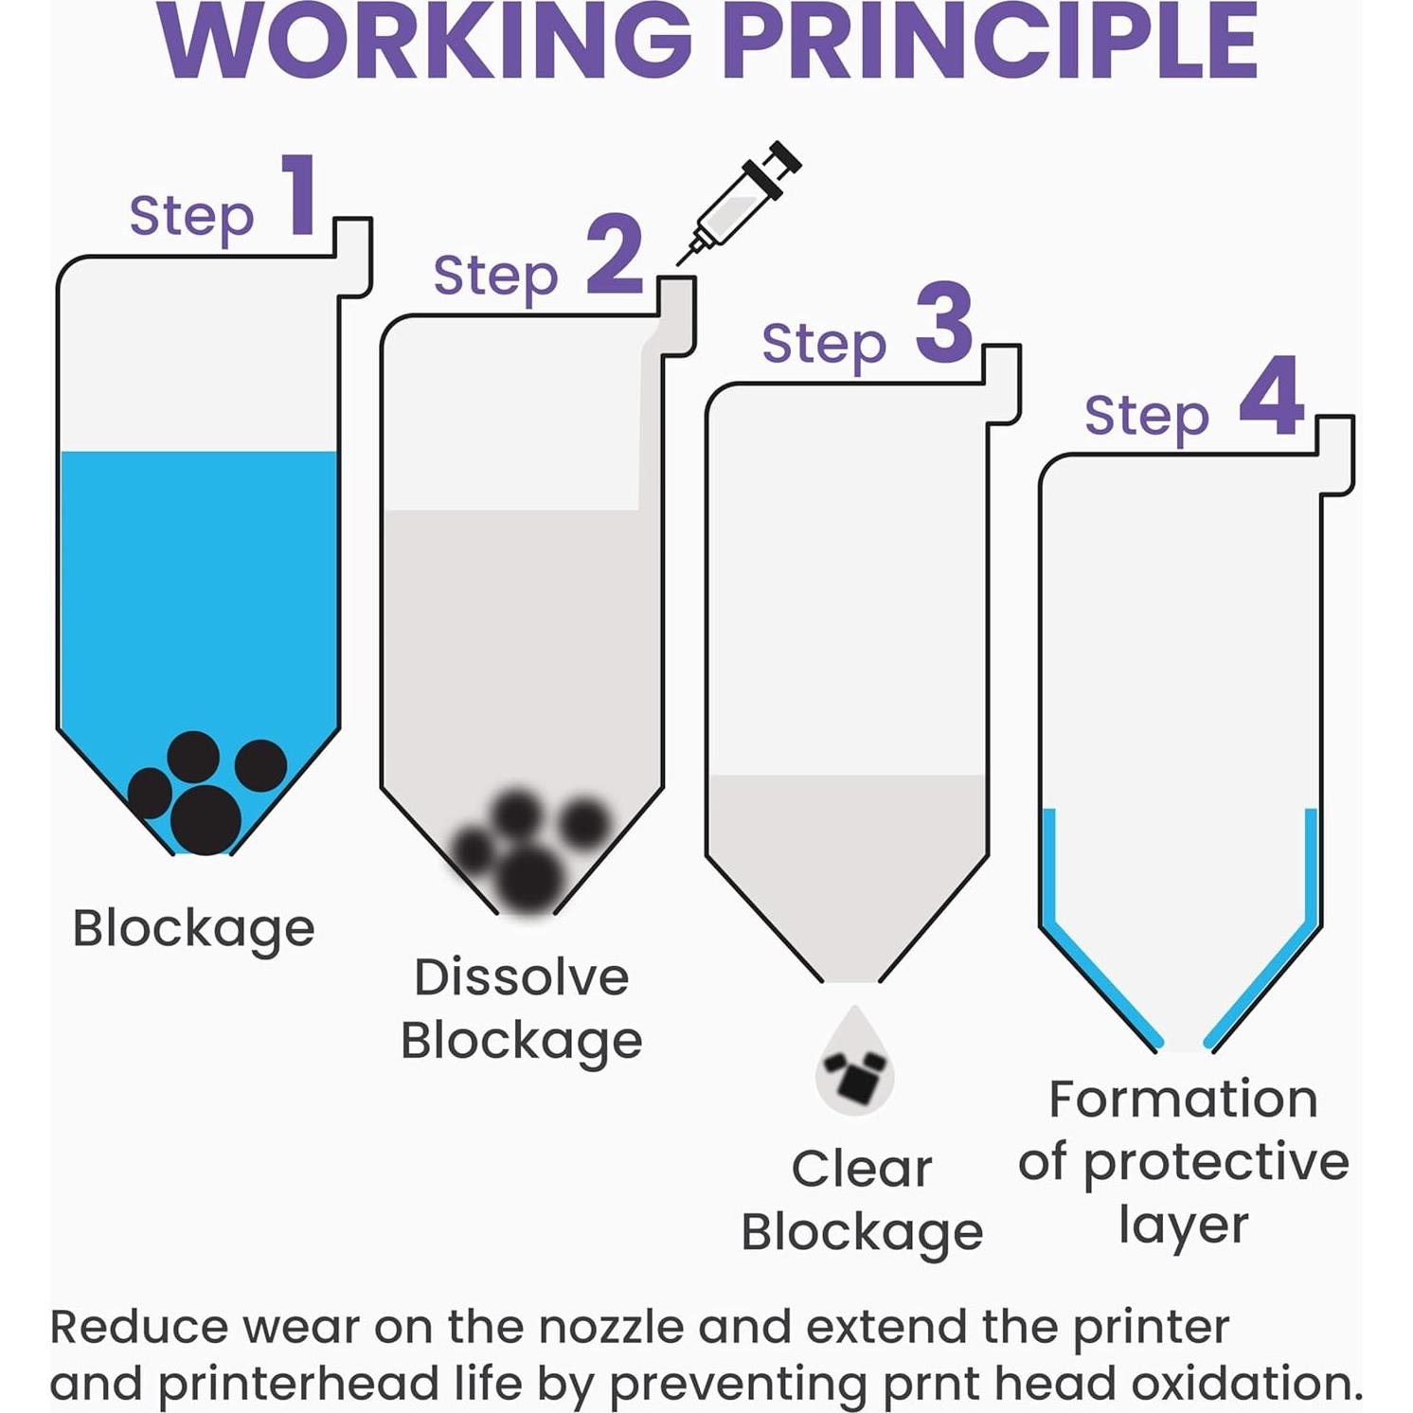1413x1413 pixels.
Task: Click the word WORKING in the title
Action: (x=426, y=43)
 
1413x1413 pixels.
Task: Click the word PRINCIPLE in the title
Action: (x=994, y=43)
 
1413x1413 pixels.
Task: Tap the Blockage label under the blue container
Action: (x=193, y=929)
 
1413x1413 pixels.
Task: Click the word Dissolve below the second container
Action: (x=521, y=977)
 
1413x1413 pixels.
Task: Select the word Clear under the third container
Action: (x=861, y=1169)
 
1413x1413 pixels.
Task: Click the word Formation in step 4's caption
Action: (x=1183, y=1100)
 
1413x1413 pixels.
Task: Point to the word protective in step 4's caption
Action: (x=1216, y=1163)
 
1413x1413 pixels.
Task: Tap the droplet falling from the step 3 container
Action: (x=854, y=1065)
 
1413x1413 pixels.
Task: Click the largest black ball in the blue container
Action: (x=206, y=820)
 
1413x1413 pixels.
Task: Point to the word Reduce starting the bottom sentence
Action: (x=138, y=1327)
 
